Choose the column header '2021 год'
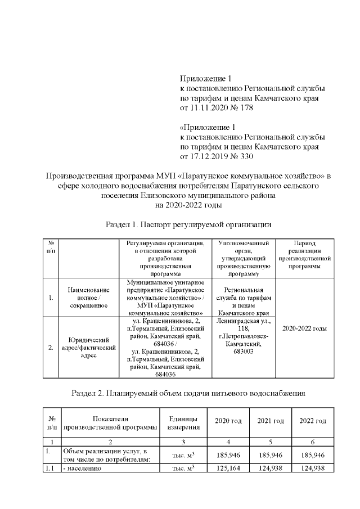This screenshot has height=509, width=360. coord(270,421)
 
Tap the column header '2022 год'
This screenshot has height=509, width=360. coord(313,421)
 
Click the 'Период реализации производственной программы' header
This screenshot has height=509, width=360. coord(304,254)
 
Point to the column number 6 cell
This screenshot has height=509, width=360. coord(313,443)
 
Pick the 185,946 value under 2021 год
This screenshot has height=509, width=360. coord(270,454)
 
